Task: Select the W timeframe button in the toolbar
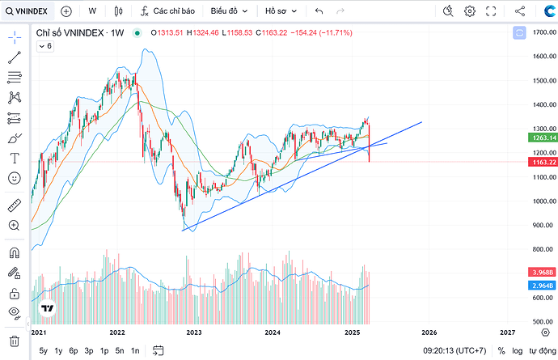tap(92, 11)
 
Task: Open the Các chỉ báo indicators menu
tap(167, 11)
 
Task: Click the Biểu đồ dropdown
tap(229, 11)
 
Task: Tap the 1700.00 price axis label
tap(541, 32)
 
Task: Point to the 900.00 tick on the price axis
tap(541, 226)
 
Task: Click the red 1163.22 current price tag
tap(541, 162)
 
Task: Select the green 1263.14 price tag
tap(541, 138)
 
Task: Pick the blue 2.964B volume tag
tap(541, 286)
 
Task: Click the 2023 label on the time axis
tap(194, 332)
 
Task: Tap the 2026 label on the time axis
tap(429, 332)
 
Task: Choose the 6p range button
tap(74, 350)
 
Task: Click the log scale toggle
tap(517, 350)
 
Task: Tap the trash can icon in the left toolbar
tap(14, 341)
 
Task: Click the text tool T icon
tap(14, 158)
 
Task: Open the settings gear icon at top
tap(470, 11)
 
